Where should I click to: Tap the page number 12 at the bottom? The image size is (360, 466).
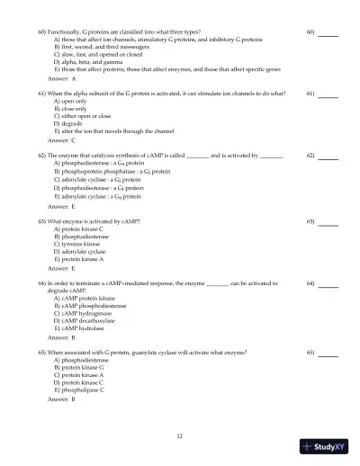pyautogui.click(x=180, y=435)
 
